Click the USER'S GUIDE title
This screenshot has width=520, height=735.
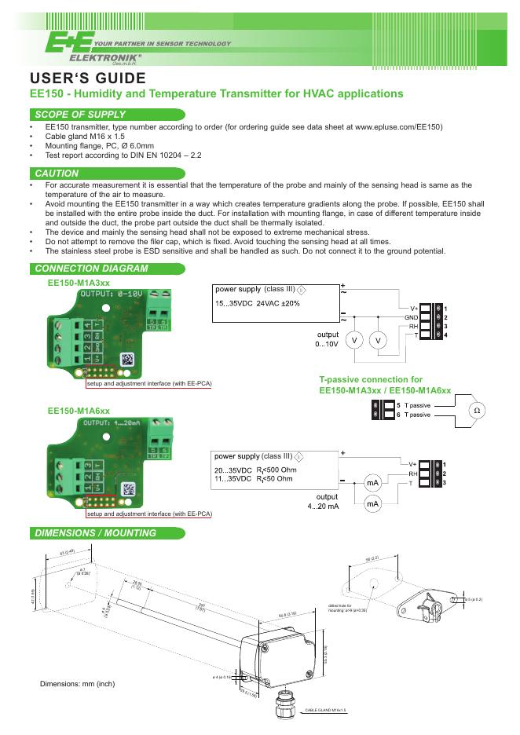(x=87, y=79)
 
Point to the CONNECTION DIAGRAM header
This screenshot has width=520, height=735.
(x=92, y=269)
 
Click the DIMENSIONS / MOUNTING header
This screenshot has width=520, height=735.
(x=95, y=533)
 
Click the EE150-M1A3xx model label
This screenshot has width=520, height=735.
(x=79, y=282)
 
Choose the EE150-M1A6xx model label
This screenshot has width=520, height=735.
(x=79, y=411)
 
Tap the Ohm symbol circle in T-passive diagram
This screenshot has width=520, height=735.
(x=476, y=411)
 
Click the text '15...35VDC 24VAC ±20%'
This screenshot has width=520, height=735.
(x=257, y=303)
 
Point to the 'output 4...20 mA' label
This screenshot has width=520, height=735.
(x=323, y=502)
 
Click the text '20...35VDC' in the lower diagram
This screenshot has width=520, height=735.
(x=233, y=470)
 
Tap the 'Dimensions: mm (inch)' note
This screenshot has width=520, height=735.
(x=77, y=684)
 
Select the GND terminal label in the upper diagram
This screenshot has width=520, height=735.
(x=411, y=316)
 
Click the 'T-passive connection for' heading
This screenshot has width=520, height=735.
(x=371, y=379)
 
